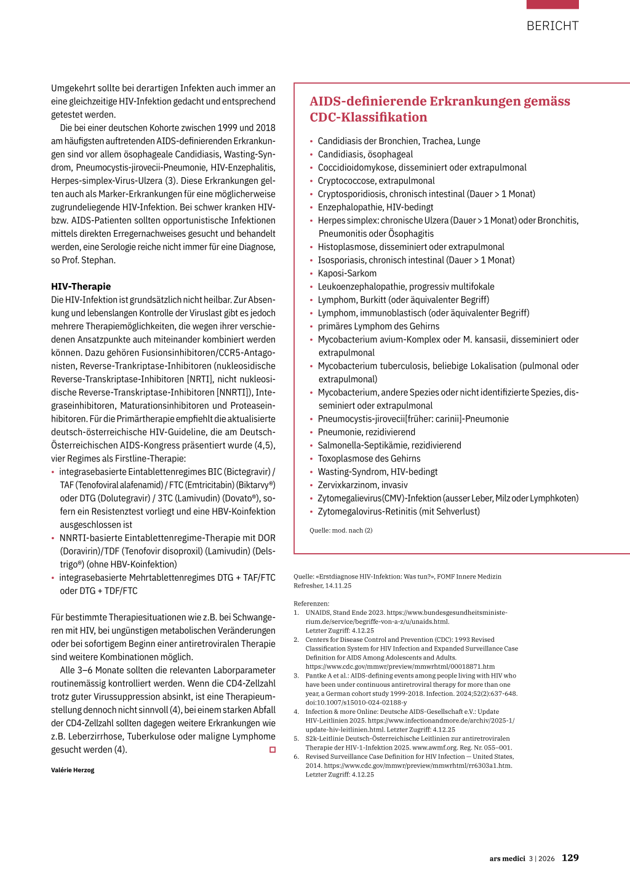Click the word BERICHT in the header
(x=552, y=26)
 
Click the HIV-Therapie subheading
(x=81, y=287)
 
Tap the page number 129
(x=570, y=858)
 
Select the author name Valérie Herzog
(x=73, y=770)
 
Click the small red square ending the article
(x=273, y=749)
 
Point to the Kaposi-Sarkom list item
(x=347, y=273)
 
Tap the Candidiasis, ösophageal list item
(x=365, y=154)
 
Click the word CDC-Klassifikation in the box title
(x=368, y=118)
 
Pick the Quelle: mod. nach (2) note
(x=341, y=530)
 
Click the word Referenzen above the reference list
(x=311, y=604)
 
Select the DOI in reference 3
(x=356, y=703)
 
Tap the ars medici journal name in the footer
(x=508, y=858)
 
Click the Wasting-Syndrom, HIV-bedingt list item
(x=377, y=472)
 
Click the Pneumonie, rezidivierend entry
(x=366, y=432)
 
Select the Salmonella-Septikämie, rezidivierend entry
(x=389, y=445)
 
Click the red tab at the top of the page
(x=552, y=4)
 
